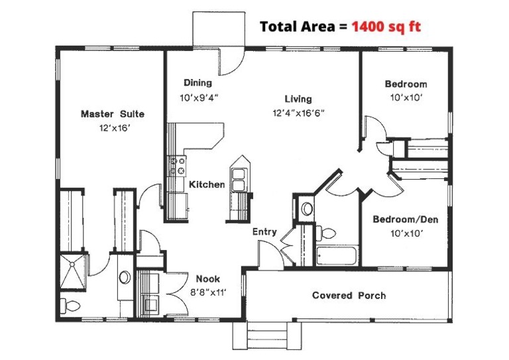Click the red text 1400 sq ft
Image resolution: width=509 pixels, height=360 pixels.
point(386,27)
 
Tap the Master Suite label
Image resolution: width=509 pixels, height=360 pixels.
point(112,114)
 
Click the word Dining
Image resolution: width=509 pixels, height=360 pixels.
point(198,84)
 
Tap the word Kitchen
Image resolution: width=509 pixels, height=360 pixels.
point(207,184)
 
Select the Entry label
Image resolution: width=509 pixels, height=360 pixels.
point(264,232)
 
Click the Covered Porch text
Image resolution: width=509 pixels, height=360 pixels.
point(349,295)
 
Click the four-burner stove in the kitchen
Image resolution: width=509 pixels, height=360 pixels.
point(177,165)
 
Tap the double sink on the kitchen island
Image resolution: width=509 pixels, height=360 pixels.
point(239,177)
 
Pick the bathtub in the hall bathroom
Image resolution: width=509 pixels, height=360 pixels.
point(337,256)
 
